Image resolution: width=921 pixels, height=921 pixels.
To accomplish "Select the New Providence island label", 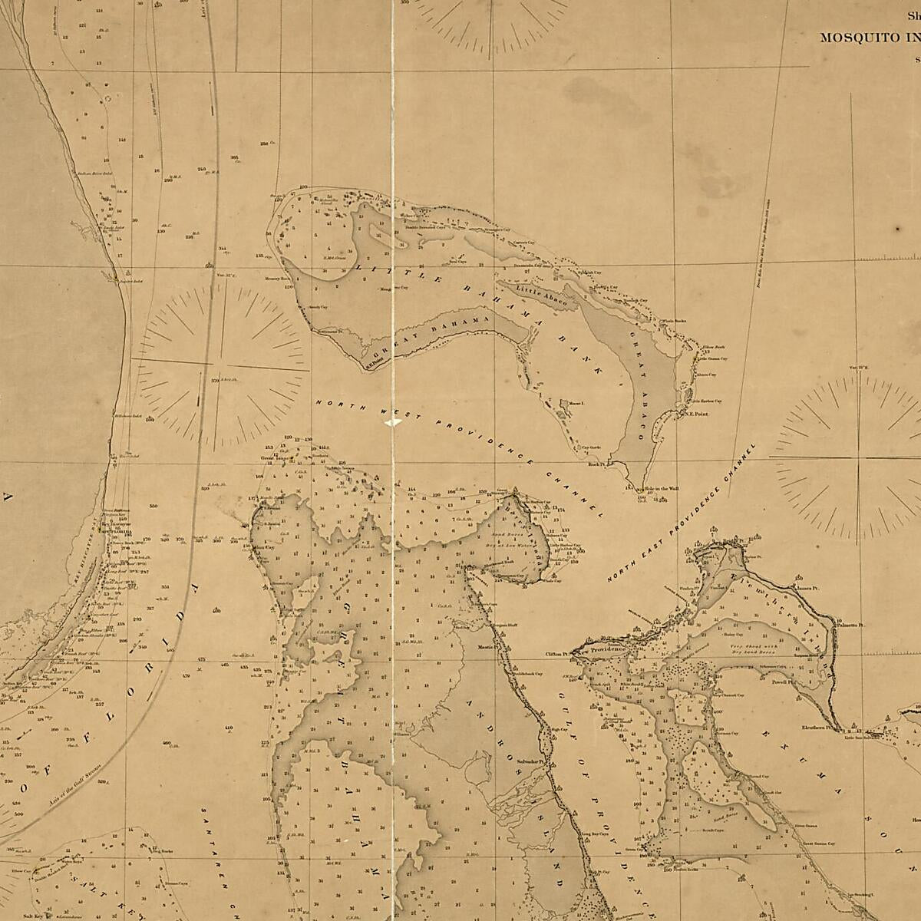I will coord(606,649).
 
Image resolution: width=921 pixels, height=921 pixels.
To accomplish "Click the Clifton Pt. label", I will coord(555,655).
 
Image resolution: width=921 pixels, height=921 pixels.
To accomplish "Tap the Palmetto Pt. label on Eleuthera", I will coord(850,626).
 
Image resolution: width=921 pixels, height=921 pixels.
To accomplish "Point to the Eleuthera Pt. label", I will coord(817,725).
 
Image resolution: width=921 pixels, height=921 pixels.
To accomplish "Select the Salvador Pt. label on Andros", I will coord(530,762).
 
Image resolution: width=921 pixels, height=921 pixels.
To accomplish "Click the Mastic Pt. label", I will coord(485,647).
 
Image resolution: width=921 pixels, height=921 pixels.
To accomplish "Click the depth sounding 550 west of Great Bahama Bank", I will coord(153,506).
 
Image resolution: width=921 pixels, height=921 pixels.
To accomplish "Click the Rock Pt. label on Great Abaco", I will coord(597,464).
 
